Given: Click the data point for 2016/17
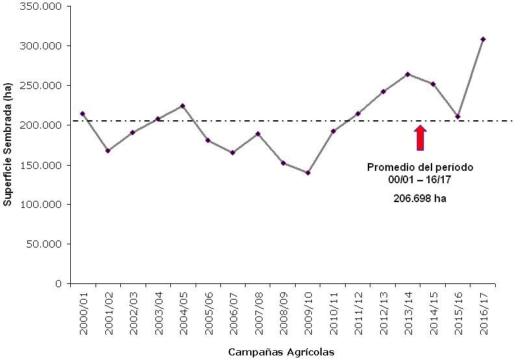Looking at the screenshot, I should (x=483, y=40).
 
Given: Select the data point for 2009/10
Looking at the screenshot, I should (x=308, y=173).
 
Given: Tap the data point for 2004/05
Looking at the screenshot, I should (x=183, y=106).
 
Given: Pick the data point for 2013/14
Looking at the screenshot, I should (x=407, y=74).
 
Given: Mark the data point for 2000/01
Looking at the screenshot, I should (x=83, y=114).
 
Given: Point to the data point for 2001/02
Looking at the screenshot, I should (x=108, y=151).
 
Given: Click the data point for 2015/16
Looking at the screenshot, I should (x=458, y=117).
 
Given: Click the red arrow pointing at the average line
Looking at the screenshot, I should (x=420, y=137).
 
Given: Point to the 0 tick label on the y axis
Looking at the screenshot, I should (x=58, y=283).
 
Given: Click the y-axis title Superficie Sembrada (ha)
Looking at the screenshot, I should (x=8, y=144).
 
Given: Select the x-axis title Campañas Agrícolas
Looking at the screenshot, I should (x=281, y=352).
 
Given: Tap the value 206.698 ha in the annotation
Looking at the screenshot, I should (x=420, y=199).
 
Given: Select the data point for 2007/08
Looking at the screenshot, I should (x=258, y=134).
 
